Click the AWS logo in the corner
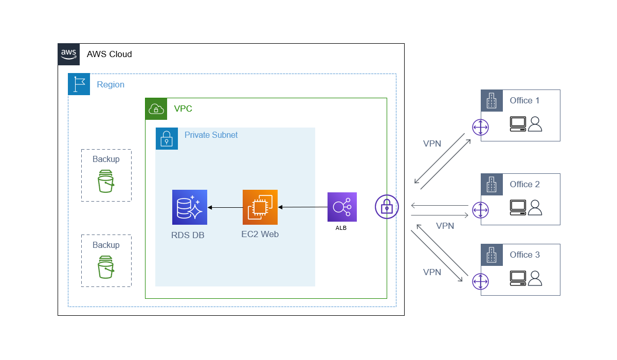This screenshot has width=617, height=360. [69, 54]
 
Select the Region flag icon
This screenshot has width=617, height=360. [79, 84]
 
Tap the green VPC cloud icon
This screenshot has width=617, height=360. [156, 109]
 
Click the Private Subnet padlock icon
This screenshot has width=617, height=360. [167, 139]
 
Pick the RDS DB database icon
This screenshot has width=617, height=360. [190, 207]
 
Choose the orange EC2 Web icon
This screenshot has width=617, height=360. [260, 207]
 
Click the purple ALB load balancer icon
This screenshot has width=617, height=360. [342, 207]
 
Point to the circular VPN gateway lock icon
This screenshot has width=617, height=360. [387, 207]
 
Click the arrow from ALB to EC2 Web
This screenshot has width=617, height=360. [303, 207]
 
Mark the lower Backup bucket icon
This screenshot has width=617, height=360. [106, 267]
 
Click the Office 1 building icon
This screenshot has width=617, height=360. [492, 100]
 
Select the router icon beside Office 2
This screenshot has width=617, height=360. [480, 210]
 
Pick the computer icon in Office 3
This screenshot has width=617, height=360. [518, 278]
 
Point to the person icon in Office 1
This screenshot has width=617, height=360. [535, 124]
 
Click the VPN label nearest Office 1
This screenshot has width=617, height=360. [432, 144]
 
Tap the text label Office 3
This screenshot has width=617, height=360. [524, 255]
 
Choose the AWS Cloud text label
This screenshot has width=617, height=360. [109, 54]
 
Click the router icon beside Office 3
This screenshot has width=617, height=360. [480, 281]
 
